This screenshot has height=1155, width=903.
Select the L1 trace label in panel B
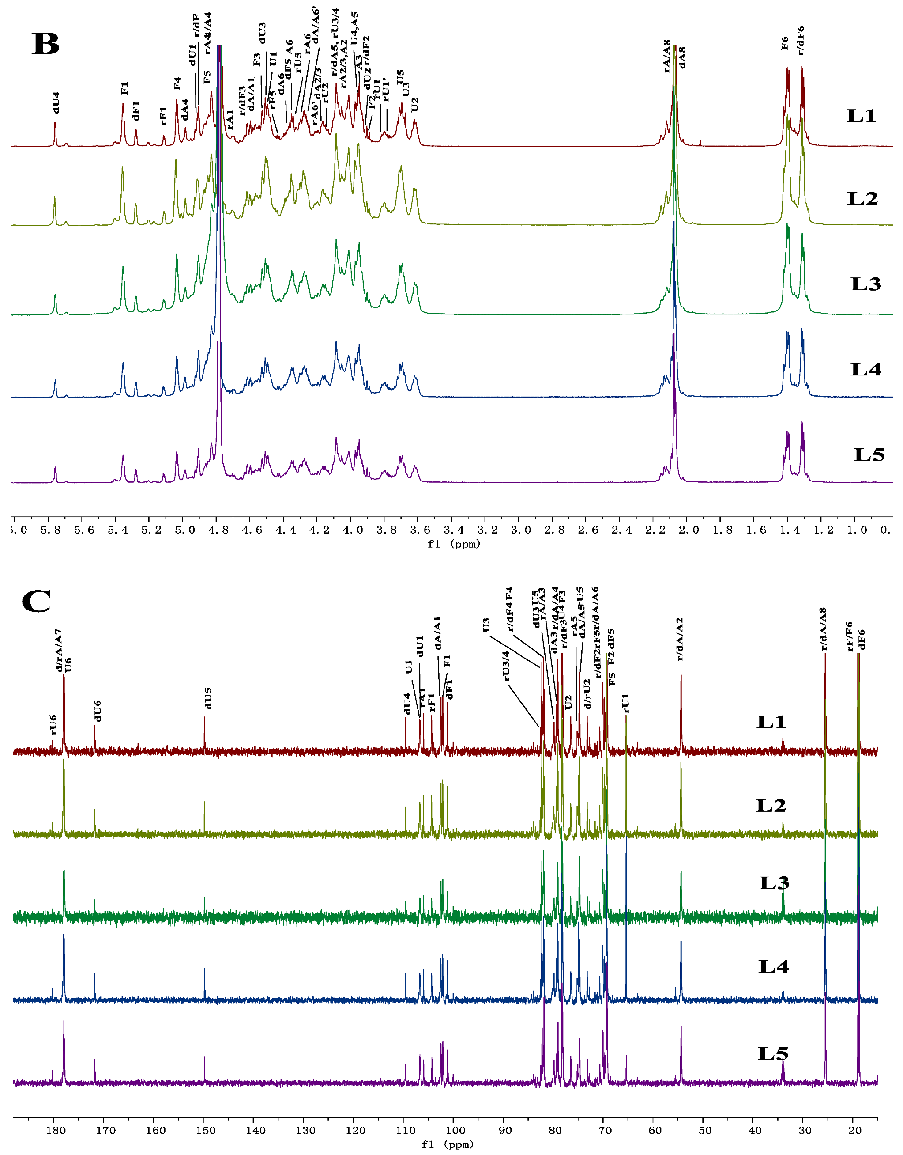tap(861, 116)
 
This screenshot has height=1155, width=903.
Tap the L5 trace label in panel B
tap(869, 454)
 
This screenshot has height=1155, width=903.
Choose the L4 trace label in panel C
tap(774, 967)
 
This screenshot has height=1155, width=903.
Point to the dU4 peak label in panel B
tap(56, 102)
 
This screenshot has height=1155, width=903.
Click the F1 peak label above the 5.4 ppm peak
tap(125, 88)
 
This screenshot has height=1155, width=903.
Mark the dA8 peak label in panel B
tap(682, 58)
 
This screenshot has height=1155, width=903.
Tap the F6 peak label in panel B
tap(785, 43)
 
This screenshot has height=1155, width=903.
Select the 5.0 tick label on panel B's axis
tap(184, 530)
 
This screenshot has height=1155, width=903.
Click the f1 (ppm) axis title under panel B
tap(454, 544)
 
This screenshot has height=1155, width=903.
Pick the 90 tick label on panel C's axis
tap(505, 1131)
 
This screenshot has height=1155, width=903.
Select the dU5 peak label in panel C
tap(208, 698)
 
